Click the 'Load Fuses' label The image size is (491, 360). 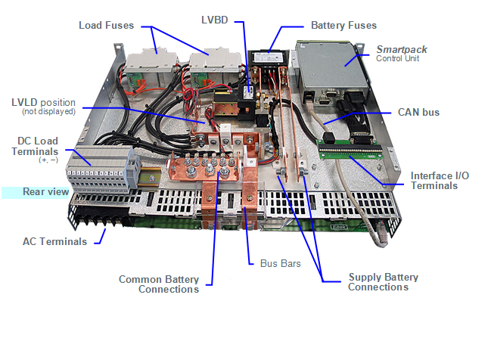[106, 25]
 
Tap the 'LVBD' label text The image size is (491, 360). [216, 18]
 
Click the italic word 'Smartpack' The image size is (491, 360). [402, 49]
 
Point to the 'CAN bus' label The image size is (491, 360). [418, 112]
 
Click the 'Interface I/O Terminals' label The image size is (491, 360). [440, 180]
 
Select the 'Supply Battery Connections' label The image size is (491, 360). [383, 282]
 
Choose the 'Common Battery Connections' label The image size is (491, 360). [159, 284]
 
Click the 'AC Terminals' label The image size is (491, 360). [54, 241]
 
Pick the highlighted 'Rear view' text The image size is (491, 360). [45, 192]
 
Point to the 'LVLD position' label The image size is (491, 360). [44, 101]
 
